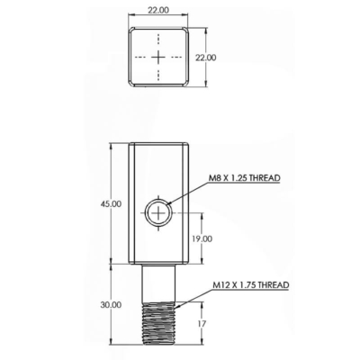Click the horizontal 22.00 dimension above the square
158,10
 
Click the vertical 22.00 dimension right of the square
206,58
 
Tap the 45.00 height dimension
111,204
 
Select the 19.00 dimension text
202,238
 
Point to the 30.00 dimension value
111,305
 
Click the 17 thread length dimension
202,324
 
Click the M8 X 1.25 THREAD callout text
245,177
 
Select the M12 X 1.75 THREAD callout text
251,284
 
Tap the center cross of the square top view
158,57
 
